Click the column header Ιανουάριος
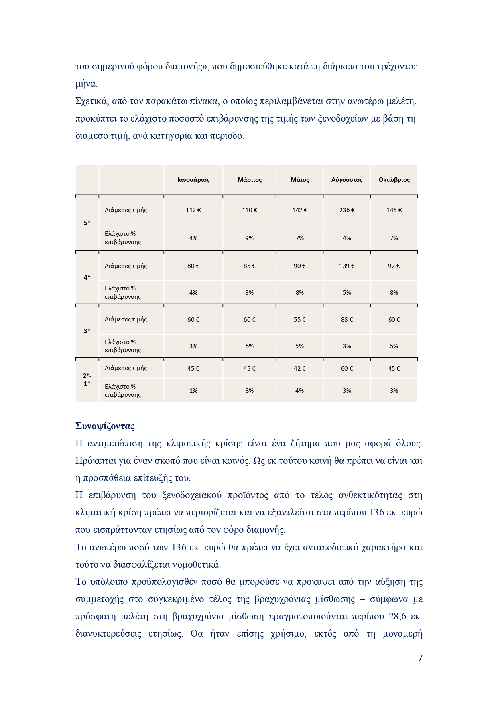tap(193, 180)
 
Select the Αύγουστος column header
tap(347, 180)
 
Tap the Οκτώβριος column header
tap(394, 180)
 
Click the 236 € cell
tap(347, 210)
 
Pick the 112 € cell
tap(193, 210)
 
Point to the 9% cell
tap(249, 238)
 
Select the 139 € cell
tap(347, 266)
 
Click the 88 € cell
tap(347, 320)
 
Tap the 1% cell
tap(193, 391)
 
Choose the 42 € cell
tap(299, 369)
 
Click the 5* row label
tap(87, 223)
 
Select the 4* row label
tap(87, 278)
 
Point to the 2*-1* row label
tap(87, 379)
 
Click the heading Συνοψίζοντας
tap(105, 426)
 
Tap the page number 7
tap(420, 658)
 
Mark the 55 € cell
tap(299, 320)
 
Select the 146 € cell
tap(394, 210)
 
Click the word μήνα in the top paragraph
tap(86, 84)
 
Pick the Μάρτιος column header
tap(249, 180)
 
